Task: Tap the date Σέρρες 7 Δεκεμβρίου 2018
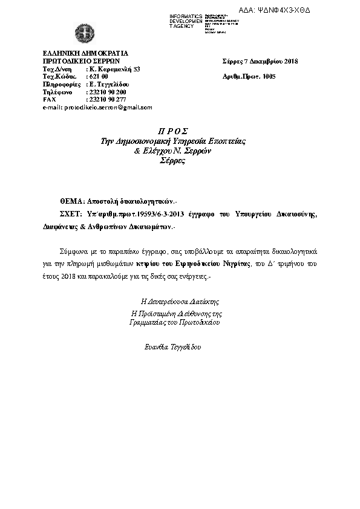(x=260, y=61)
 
